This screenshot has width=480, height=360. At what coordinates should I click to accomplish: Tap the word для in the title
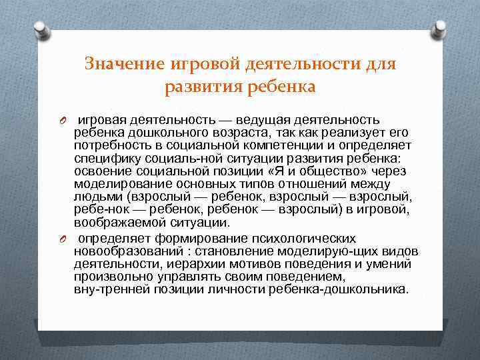[381, 64]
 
